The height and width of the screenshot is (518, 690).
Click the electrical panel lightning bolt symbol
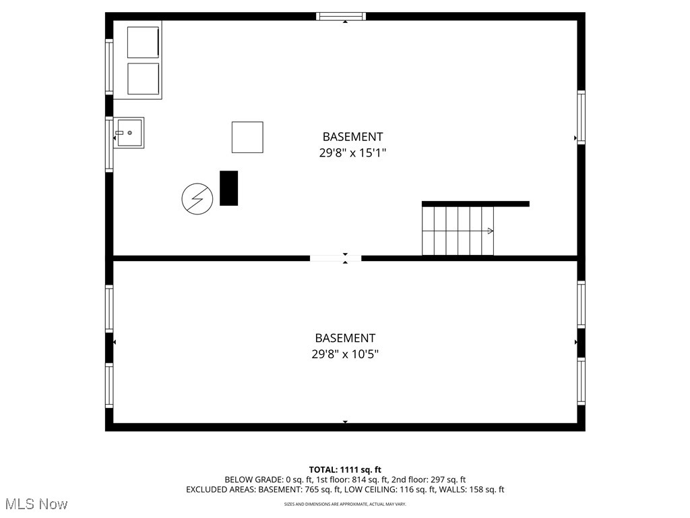197,199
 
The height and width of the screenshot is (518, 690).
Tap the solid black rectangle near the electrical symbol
229,188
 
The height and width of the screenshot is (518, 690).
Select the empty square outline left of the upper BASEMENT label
247,137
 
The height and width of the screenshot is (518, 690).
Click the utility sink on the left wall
129,133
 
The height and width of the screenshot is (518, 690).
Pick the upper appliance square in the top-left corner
143,42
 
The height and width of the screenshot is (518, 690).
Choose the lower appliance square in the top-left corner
143,79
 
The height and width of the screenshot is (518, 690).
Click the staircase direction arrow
490,231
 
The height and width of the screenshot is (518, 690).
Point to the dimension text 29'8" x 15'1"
352,153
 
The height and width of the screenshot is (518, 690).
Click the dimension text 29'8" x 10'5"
345,354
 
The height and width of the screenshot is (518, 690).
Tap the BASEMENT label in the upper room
352,137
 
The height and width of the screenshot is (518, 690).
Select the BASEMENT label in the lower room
345,338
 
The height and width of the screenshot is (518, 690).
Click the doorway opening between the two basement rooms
336,258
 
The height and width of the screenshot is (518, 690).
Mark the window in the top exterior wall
341,16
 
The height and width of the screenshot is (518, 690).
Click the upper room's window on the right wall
581,117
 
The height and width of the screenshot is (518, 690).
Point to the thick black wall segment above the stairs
475,204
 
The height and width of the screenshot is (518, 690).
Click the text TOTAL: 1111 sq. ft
345,469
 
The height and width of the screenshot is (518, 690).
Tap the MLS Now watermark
36,504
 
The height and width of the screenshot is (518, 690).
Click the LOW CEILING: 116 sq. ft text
392,490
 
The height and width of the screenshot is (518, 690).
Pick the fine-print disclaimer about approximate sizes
345,504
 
